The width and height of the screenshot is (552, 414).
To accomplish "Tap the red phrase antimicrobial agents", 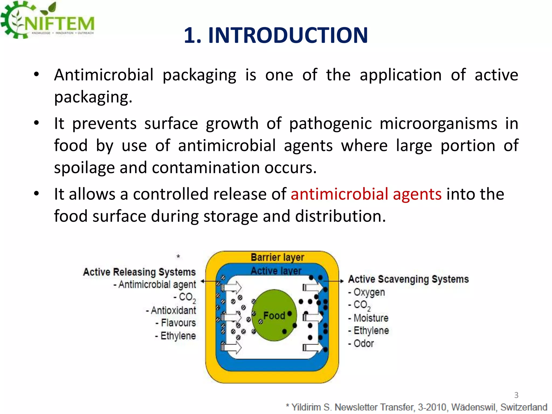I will click(366, 194).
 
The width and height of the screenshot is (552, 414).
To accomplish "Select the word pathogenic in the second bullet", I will click(330, 124).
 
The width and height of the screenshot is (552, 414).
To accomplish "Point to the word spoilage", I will click(84, 168).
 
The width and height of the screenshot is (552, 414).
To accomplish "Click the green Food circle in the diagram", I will click(274, 315).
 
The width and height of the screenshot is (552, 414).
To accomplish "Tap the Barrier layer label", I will click(277, 257).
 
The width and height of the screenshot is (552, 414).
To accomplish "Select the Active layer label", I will click(276, 271).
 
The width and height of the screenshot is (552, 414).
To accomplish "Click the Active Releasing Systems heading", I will click(139, 272).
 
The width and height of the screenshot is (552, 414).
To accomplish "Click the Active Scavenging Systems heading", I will click(408, 279).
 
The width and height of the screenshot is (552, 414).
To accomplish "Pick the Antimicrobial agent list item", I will click(157, 285).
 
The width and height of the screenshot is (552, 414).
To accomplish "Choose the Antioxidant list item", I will click(173, 310).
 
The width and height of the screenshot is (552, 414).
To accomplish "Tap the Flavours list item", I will click(178, 323).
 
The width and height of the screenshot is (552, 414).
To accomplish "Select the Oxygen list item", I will click(369, 292).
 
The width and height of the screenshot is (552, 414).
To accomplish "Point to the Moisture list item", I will click(371, 318).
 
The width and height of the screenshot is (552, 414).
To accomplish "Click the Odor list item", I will click(363, 344).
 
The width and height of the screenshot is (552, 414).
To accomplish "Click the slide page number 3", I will click(516, 395).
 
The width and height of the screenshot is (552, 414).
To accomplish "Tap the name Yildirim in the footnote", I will click(306, 407).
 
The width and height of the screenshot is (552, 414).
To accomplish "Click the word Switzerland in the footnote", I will click(524, 407).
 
